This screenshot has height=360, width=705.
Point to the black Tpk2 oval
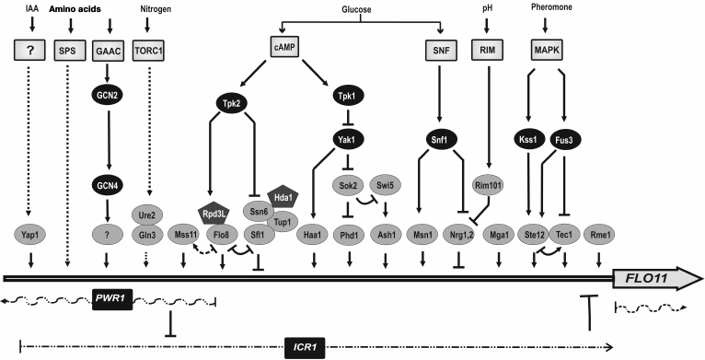[x=234, y=104]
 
